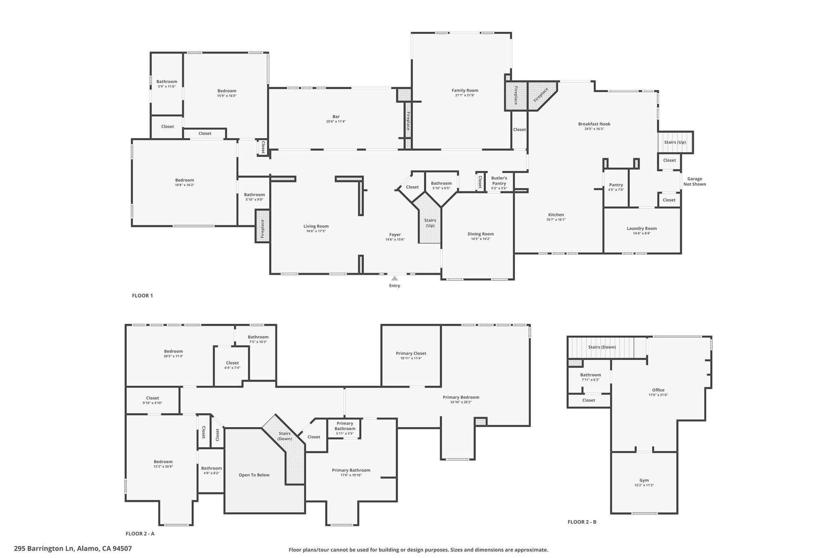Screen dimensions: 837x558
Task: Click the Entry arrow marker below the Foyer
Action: pos(394,278)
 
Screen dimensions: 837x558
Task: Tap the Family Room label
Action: pos(465,90)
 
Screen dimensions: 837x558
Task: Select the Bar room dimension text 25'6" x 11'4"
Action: pos(336,121)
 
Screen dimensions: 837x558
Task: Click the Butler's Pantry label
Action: pos(499,181)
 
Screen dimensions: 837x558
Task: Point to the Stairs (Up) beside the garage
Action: pos(675,142)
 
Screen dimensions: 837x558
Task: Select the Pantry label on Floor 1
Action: pos(616,185)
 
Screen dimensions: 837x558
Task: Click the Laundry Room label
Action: pos(642,229)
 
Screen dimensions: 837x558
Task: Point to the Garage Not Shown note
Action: pos(695,182)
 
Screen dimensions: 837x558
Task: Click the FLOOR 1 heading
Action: pos(142,296)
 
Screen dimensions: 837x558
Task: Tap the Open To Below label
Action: pos(254,475)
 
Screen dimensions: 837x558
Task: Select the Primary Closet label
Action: pos(411,354)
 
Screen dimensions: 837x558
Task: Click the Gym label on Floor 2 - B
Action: pos(644,480)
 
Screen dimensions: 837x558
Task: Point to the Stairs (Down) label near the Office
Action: pos(602,347)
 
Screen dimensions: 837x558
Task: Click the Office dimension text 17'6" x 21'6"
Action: pos(658,395)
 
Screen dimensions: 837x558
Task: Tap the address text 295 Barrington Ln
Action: pos(44,549)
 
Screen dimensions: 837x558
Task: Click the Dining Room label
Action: pos(481,234)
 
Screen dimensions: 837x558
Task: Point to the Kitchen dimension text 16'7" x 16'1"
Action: pos(556,220)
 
